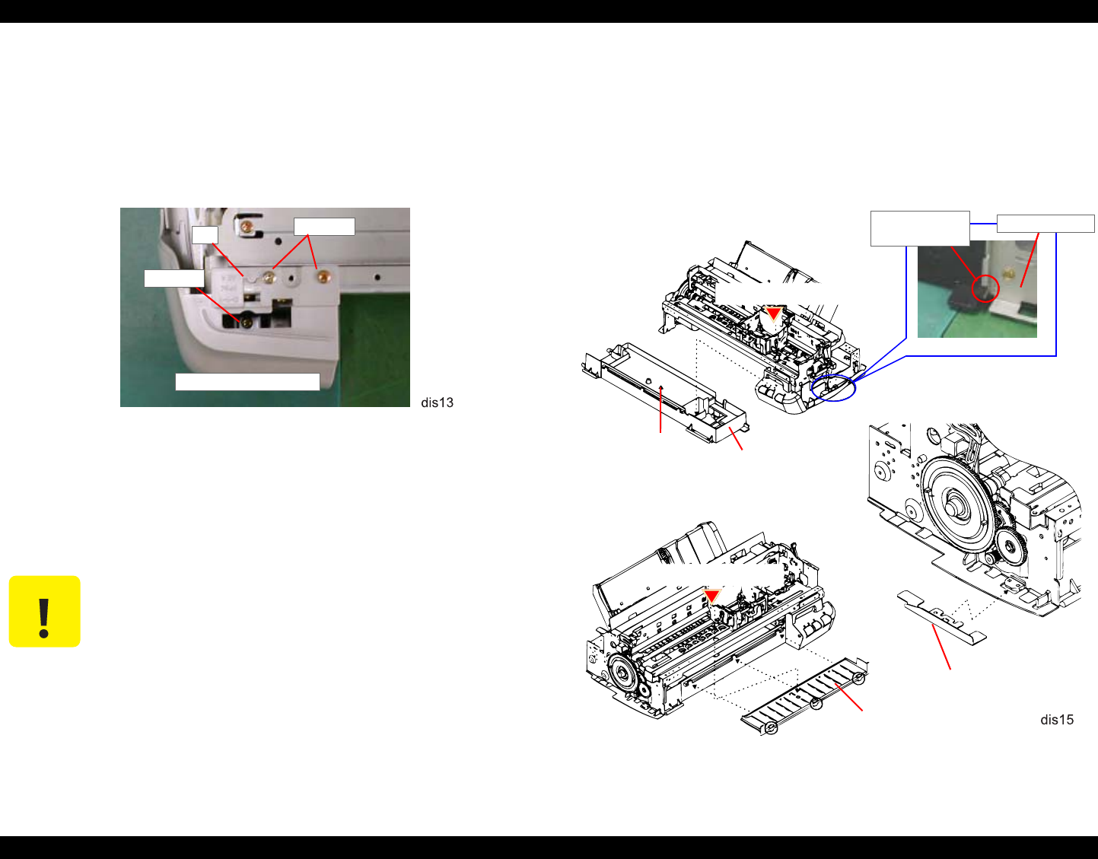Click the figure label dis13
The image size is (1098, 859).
tap(437, 402)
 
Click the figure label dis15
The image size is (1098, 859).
tap(1057, 720)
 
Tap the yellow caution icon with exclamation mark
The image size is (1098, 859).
tap(44, 611)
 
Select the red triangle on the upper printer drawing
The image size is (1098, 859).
tap(773, 314)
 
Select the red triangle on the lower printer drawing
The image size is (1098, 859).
tap(712, 596)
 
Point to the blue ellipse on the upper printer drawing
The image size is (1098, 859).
tap(833, 388)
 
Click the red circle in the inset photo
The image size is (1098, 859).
tap(985, 288)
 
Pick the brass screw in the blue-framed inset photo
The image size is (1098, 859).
tap(1008, 273)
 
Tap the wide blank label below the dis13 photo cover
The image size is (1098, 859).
tap(247, 382)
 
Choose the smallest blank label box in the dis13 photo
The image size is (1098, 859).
tap(205, 235)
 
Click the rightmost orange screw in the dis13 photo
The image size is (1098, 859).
tap(323, 276)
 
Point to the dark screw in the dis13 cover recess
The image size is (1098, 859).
tap(247, 321)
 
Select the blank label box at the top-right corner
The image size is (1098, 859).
tap(1045, 224)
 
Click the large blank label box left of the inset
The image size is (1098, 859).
tap(920, 229)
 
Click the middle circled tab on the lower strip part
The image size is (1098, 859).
tap(816, 703)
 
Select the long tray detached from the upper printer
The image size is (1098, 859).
tap(665, 393)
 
